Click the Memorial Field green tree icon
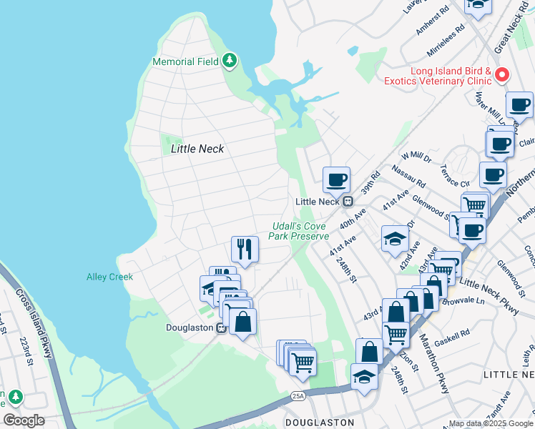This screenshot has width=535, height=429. [x=230, y=61]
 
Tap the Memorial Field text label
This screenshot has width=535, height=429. [x=185, y=61]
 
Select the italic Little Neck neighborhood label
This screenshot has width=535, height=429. [x=197, y=149]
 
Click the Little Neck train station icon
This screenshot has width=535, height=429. [x=348, y=201]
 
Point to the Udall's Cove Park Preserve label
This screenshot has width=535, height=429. [x=300, y=231]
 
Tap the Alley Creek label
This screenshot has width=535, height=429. [x=106, y=276]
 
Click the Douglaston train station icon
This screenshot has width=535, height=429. [x=222, y=327]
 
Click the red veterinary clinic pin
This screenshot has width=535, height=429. [x=502, y=74]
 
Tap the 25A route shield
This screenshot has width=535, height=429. [x=298, y=395]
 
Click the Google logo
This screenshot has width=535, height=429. [x=24, y=420]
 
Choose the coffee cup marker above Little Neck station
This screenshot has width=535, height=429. [x=335, y=179]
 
